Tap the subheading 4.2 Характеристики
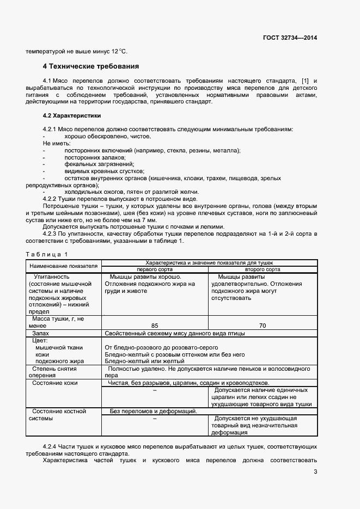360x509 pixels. click(71, 116)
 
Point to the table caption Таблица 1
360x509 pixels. click(47, 254)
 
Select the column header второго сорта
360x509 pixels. click(263, 269)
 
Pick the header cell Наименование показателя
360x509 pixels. click(63, 266)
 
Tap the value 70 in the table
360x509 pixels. click(263, 326)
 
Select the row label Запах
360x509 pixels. click(41, 333)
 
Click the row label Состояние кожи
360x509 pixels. click(55, 383)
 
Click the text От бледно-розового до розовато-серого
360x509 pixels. click(161, 347)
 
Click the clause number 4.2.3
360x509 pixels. click(53, 234)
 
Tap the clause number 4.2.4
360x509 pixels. click(53, 446)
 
